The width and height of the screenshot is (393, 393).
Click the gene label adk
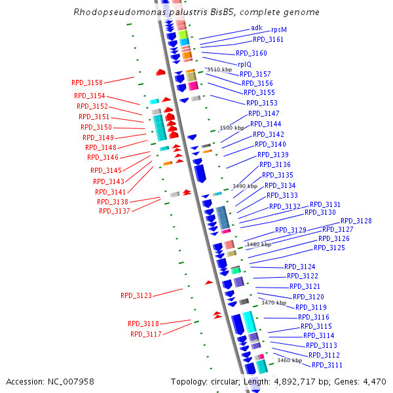coord(256,28)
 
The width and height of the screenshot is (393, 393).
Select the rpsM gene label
coord(278,30)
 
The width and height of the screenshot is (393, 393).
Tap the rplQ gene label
coord(244,64)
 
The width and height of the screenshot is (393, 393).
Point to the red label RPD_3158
coord(86,83)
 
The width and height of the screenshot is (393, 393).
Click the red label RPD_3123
coord(136,295)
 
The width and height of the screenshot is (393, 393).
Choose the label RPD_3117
coord(145,334)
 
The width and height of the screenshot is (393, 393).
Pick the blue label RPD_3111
coord(327,365)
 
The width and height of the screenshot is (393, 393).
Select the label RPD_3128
coord(356,221)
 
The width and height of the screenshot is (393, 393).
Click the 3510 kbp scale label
coord(219,69)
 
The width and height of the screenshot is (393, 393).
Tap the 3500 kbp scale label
coord(231,128)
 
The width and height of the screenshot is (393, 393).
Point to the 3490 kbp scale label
coord(245,186)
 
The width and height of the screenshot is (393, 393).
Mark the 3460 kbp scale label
coord(289,360)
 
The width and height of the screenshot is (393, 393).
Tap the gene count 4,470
coord(373,381)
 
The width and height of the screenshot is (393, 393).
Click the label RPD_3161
coord(269,40)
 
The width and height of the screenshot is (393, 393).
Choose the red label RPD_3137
coord(114,211)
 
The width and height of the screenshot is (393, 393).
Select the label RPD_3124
coord(299,267)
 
